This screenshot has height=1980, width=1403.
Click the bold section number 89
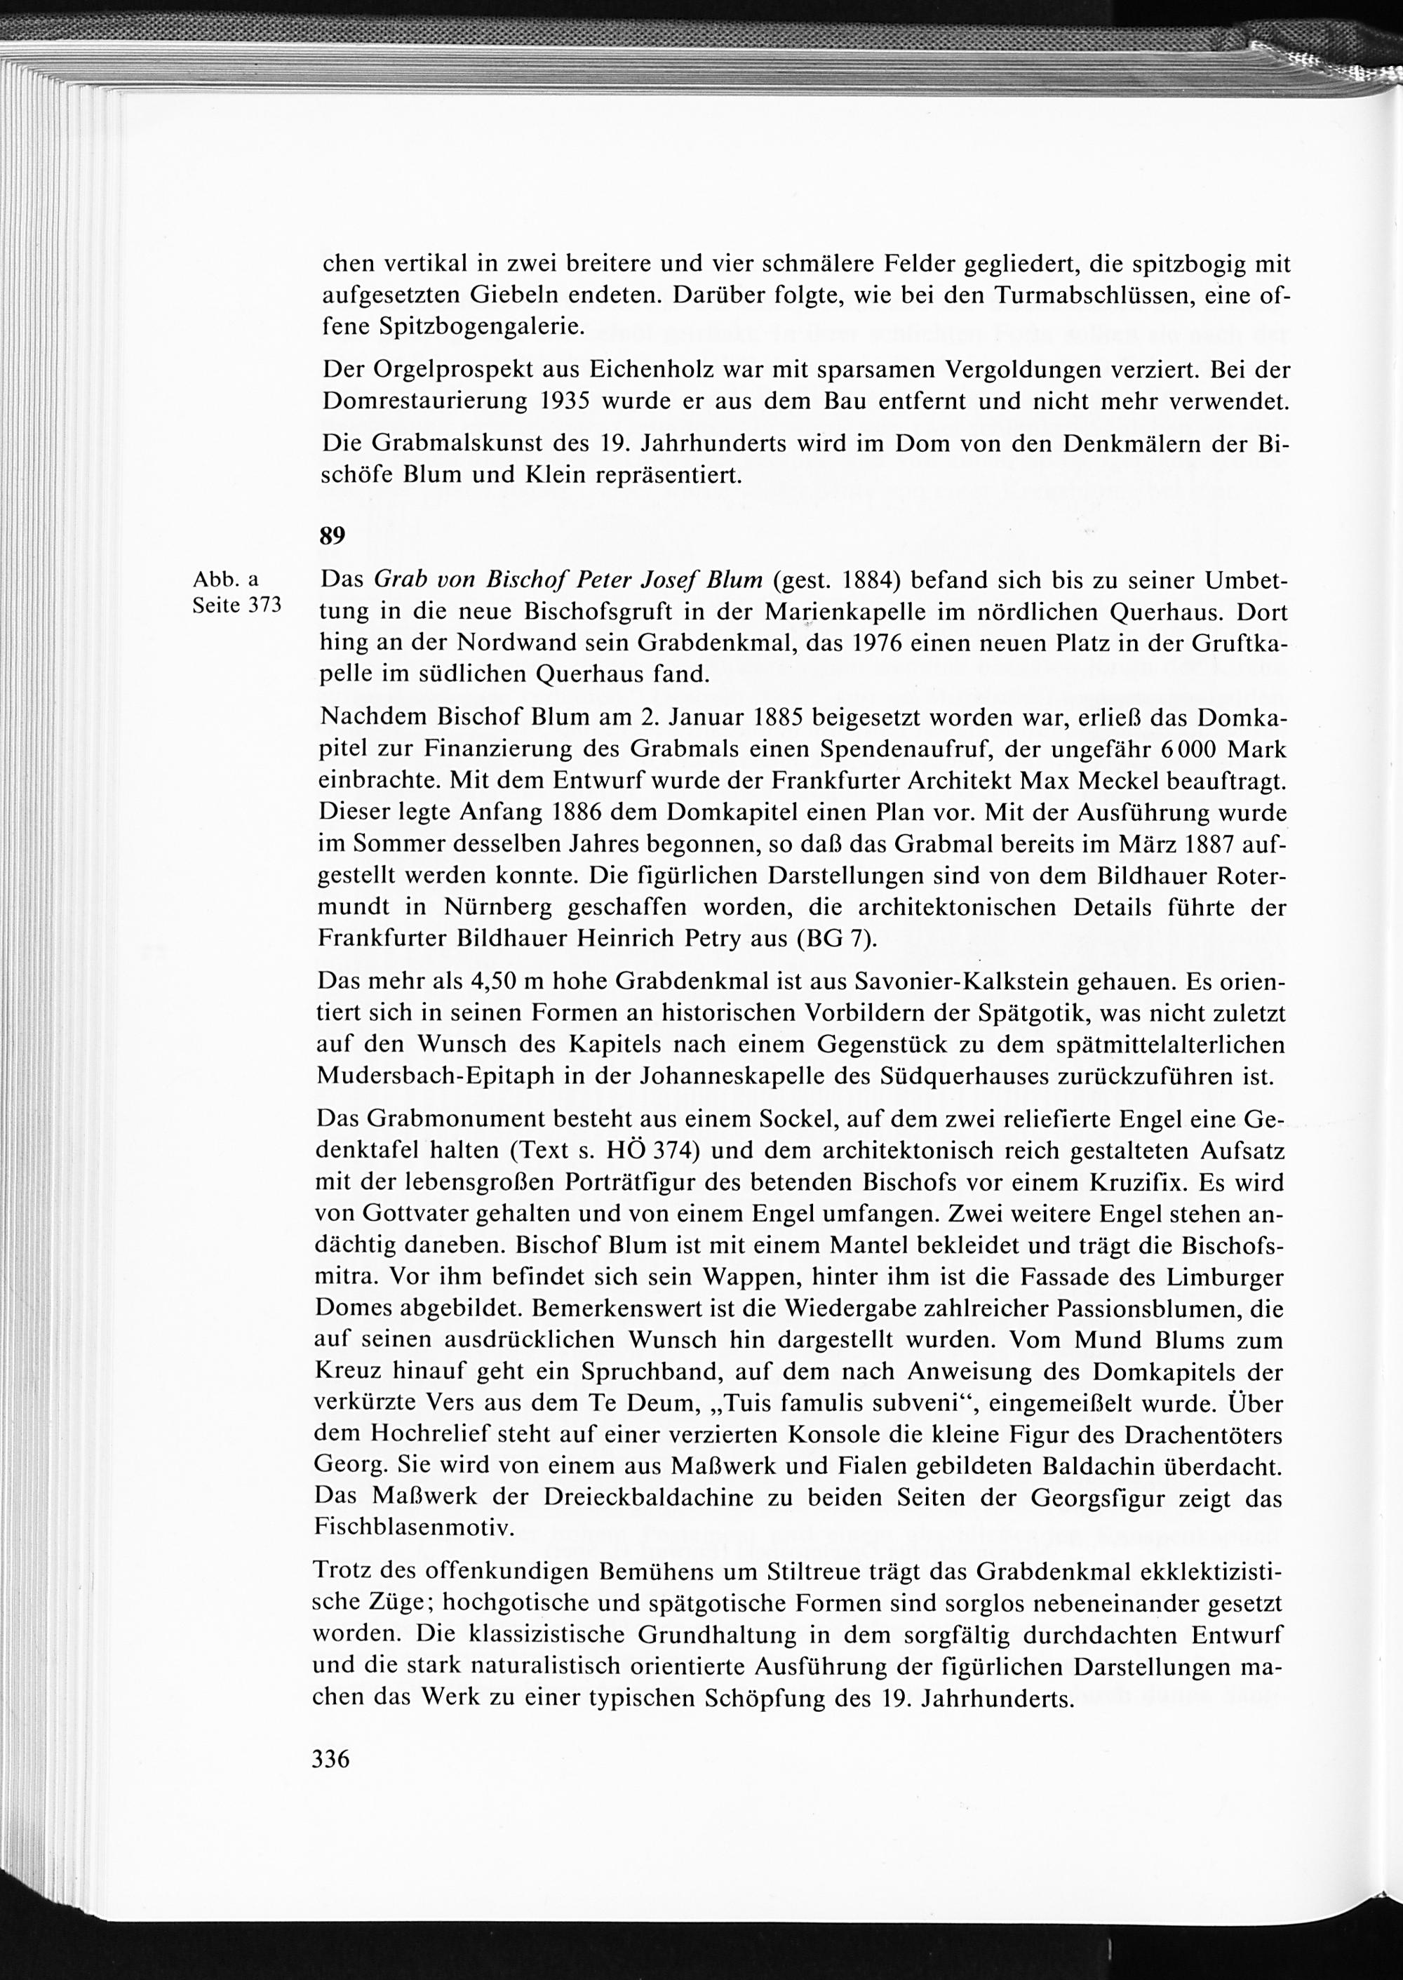click(x=333, y=537)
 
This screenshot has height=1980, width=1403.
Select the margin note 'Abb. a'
click(x=225, y=580)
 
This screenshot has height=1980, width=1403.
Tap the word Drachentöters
click(x=1202, y=1435)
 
